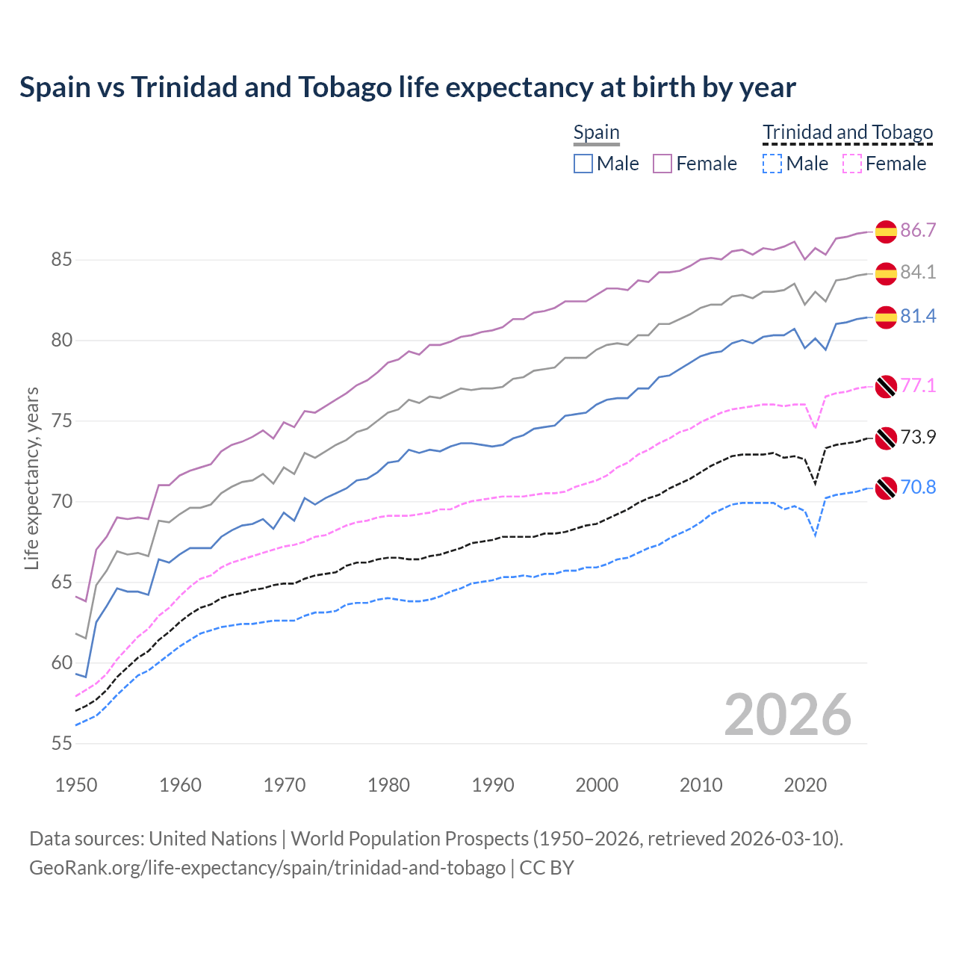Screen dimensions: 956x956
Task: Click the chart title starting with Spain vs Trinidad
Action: click(408, 87)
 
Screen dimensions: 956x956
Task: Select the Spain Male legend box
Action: click(583, 164)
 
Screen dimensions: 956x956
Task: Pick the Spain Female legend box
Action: click(662, 164)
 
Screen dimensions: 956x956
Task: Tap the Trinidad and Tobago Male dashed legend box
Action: click(772, 164)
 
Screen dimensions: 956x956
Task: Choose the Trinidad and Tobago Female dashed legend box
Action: click(852, 164)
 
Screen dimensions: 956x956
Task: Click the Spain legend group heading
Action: click(596, 133)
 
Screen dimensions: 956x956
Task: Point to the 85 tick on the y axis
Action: click(61, 260)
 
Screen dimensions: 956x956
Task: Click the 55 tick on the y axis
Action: click(61, 743)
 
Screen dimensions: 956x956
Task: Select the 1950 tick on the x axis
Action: click(76, 785)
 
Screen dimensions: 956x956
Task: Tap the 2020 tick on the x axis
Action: click(805, 785)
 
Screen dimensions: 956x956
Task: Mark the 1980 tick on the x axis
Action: click(388, 785)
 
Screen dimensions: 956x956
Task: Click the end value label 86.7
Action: click(918, 230)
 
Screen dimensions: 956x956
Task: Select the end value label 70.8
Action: click(918, 487)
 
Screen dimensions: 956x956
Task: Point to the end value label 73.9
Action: click(918, 437)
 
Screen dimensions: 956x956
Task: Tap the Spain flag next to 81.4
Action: click(886, 317)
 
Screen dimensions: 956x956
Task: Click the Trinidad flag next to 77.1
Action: click(886, 386)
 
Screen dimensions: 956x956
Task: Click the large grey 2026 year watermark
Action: click(787, 715)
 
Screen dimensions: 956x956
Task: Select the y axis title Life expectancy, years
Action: click(31, 478)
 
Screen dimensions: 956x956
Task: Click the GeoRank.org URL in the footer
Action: click(267, 868)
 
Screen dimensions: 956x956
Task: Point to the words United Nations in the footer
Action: click(213, 839)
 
